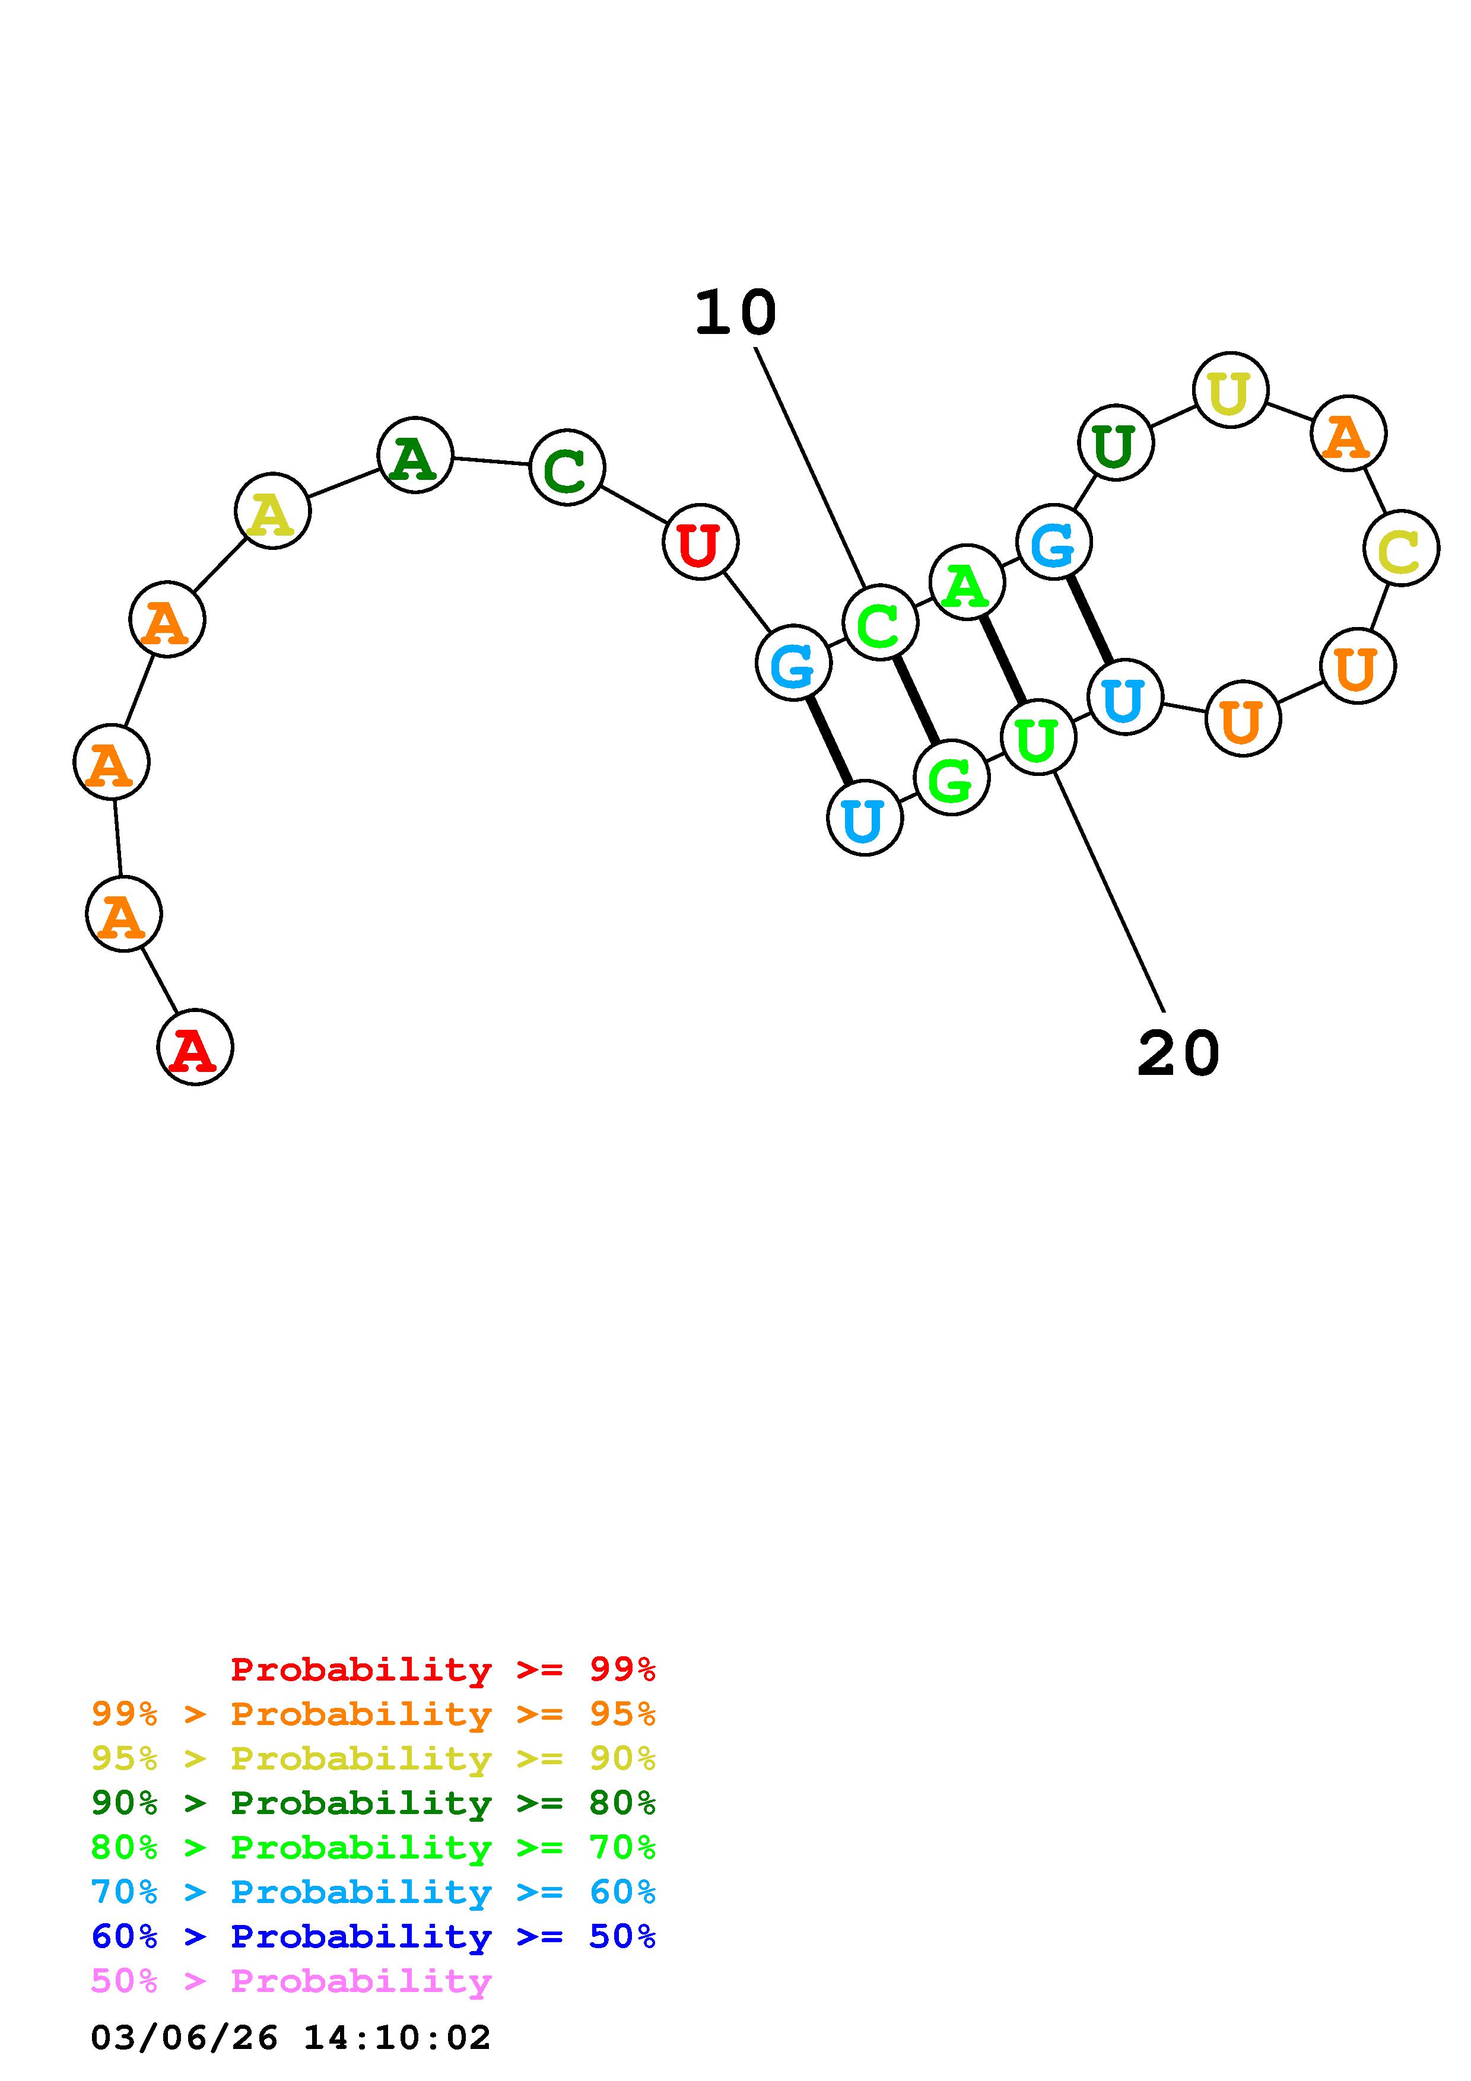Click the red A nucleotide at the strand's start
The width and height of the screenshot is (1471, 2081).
pos(195,1047)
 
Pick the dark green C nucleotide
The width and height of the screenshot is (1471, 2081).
pos(567,467)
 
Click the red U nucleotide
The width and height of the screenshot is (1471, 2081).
pos(701,542)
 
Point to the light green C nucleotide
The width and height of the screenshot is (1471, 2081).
pos(879,623)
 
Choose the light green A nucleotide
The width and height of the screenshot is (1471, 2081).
pos(967,583)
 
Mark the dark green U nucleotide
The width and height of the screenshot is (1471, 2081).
pos(1115,443)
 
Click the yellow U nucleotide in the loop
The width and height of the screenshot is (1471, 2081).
pos(1230,391)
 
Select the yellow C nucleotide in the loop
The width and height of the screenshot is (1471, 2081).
pos(1400,548)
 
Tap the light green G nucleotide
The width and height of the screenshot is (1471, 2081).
pos(951,778)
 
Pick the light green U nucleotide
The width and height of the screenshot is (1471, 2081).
pos(1038,738)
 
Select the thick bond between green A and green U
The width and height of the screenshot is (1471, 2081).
pos(1002,660)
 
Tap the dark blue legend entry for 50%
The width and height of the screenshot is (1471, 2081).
pos(373,1937)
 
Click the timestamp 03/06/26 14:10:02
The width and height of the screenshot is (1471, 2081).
pos(291,2038)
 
